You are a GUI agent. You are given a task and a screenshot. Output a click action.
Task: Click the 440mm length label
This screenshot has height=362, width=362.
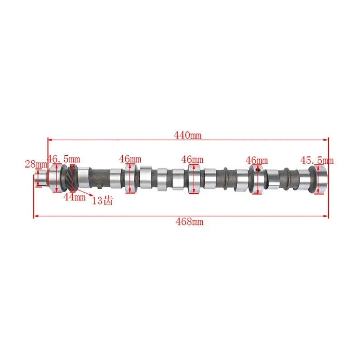(189, 134)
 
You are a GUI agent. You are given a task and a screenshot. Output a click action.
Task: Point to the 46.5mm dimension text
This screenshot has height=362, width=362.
(64, 159)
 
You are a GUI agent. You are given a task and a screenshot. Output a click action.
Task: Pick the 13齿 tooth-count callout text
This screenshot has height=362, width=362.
(102, 200)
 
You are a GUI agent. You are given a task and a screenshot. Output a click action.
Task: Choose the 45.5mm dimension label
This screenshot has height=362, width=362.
(317, 160)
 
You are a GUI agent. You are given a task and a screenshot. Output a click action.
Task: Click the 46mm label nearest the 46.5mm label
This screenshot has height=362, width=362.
(130, 159)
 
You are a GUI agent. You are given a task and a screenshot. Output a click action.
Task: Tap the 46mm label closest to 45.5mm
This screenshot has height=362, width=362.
(257, 161)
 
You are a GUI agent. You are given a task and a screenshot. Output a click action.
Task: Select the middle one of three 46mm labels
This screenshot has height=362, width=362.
(192, 159)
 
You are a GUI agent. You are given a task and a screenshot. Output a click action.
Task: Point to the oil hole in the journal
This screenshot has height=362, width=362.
(257, 170)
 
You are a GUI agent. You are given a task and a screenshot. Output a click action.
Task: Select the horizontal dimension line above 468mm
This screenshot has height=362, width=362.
(181, 216)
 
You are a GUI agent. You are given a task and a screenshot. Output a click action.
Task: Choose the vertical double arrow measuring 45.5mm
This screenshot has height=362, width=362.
(319, 180)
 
